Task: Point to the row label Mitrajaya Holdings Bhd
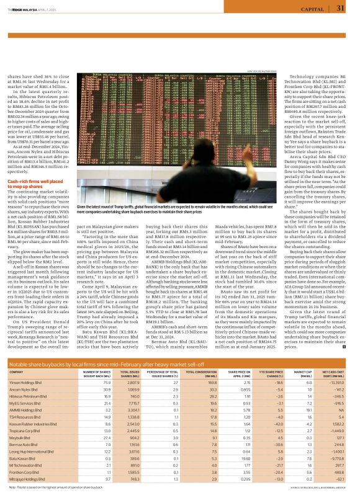point(29,479)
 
